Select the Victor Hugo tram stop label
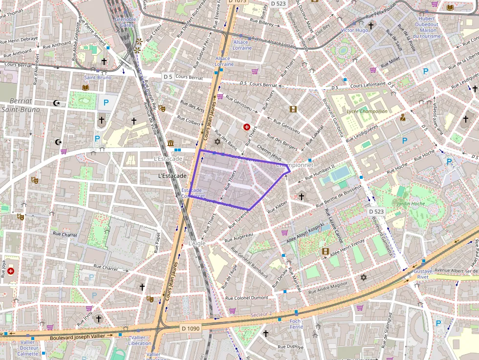click(354, 30)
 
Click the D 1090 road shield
click(190, 328)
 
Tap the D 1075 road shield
click(237, 2)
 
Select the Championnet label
click(295, 165)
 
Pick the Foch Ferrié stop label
click(296, 324)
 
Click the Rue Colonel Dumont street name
click(246, 297)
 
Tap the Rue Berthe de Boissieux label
click(338, 196)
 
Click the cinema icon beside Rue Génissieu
click(293, 109)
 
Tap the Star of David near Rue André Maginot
click(363, 277)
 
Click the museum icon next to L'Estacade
click(170, 143)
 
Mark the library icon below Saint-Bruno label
click(86, 87)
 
